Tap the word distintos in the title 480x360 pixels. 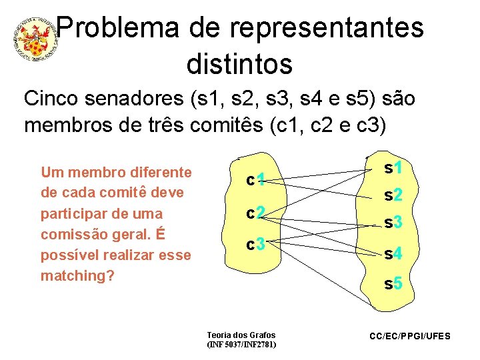(240, 64)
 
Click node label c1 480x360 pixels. (256, 180)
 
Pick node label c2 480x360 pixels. (256, 213)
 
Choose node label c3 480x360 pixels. (256, 245)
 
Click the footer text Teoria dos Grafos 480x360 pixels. (241, 335)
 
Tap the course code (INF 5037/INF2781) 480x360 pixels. (241, 345)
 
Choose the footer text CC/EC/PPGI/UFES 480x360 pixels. (410, 336)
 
